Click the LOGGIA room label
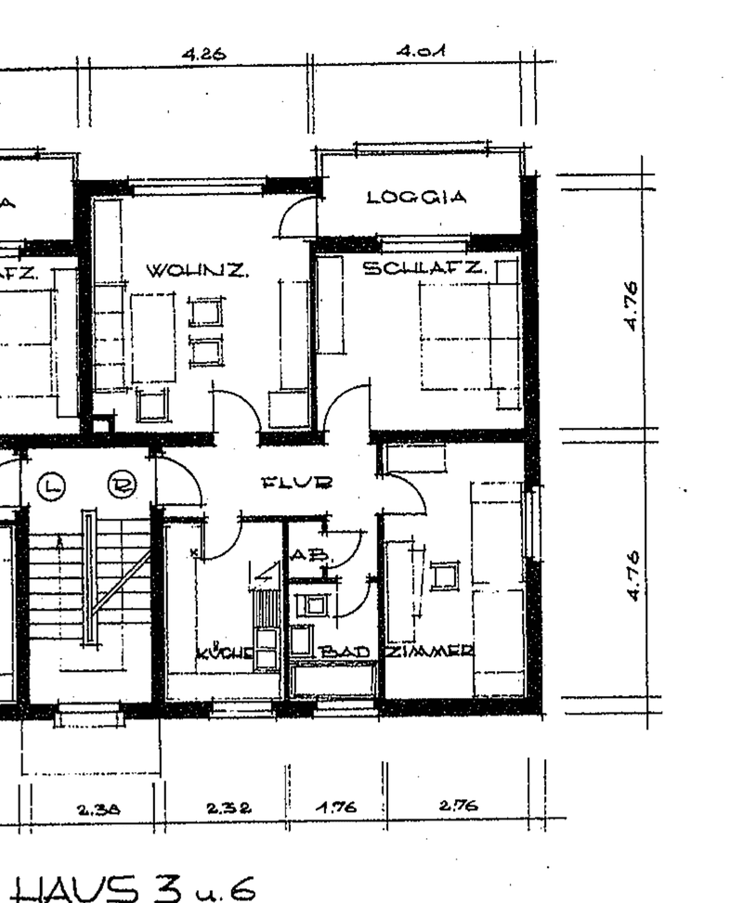[x=415, y=198]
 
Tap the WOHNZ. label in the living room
[x=197, y=271]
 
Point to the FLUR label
[x=297, y=482]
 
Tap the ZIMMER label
[x=430, y=651]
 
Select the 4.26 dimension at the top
[x=204, y=55]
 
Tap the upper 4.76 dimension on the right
[x=631, y=306]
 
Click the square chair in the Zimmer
[x=443, y=576]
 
